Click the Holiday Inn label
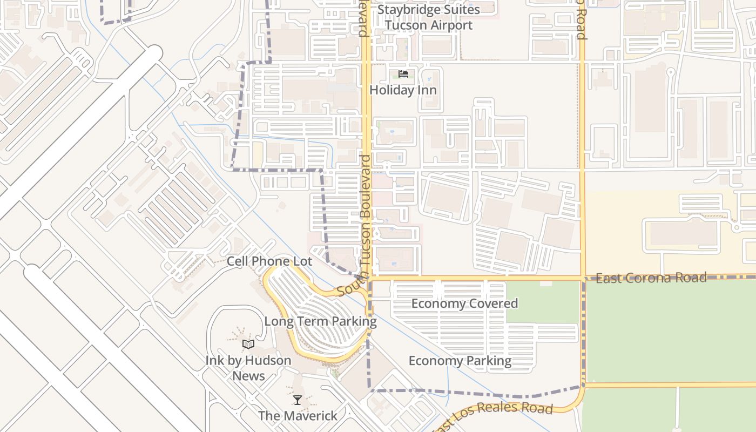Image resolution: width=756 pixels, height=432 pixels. (x=403, y=90)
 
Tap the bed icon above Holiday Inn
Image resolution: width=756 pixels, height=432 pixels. (x=403, y=74)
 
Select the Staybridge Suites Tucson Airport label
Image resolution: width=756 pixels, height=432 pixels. (x=429, y=17)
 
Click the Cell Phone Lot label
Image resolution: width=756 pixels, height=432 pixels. (x=269, y=261)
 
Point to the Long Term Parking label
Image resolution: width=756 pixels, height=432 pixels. (x=320, y=321)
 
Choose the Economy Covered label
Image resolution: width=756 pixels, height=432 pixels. (x=464, y=303)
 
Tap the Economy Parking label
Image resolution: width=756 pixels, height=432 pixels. (x=460, y=361)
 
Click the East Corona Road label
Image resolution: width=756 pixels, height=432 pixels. (x=651, y=278)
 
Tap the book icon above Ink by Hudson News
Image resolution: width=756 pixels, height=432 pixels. (x=248, y=344)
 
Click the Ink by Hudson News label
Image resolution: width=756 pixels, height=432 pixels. (x=248, y=368)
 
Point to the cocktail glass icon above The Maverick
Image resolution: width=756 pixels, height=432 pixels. (x=298, y=400)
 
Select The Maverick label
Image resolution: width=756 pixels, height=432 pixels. (x=298, y=416)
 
